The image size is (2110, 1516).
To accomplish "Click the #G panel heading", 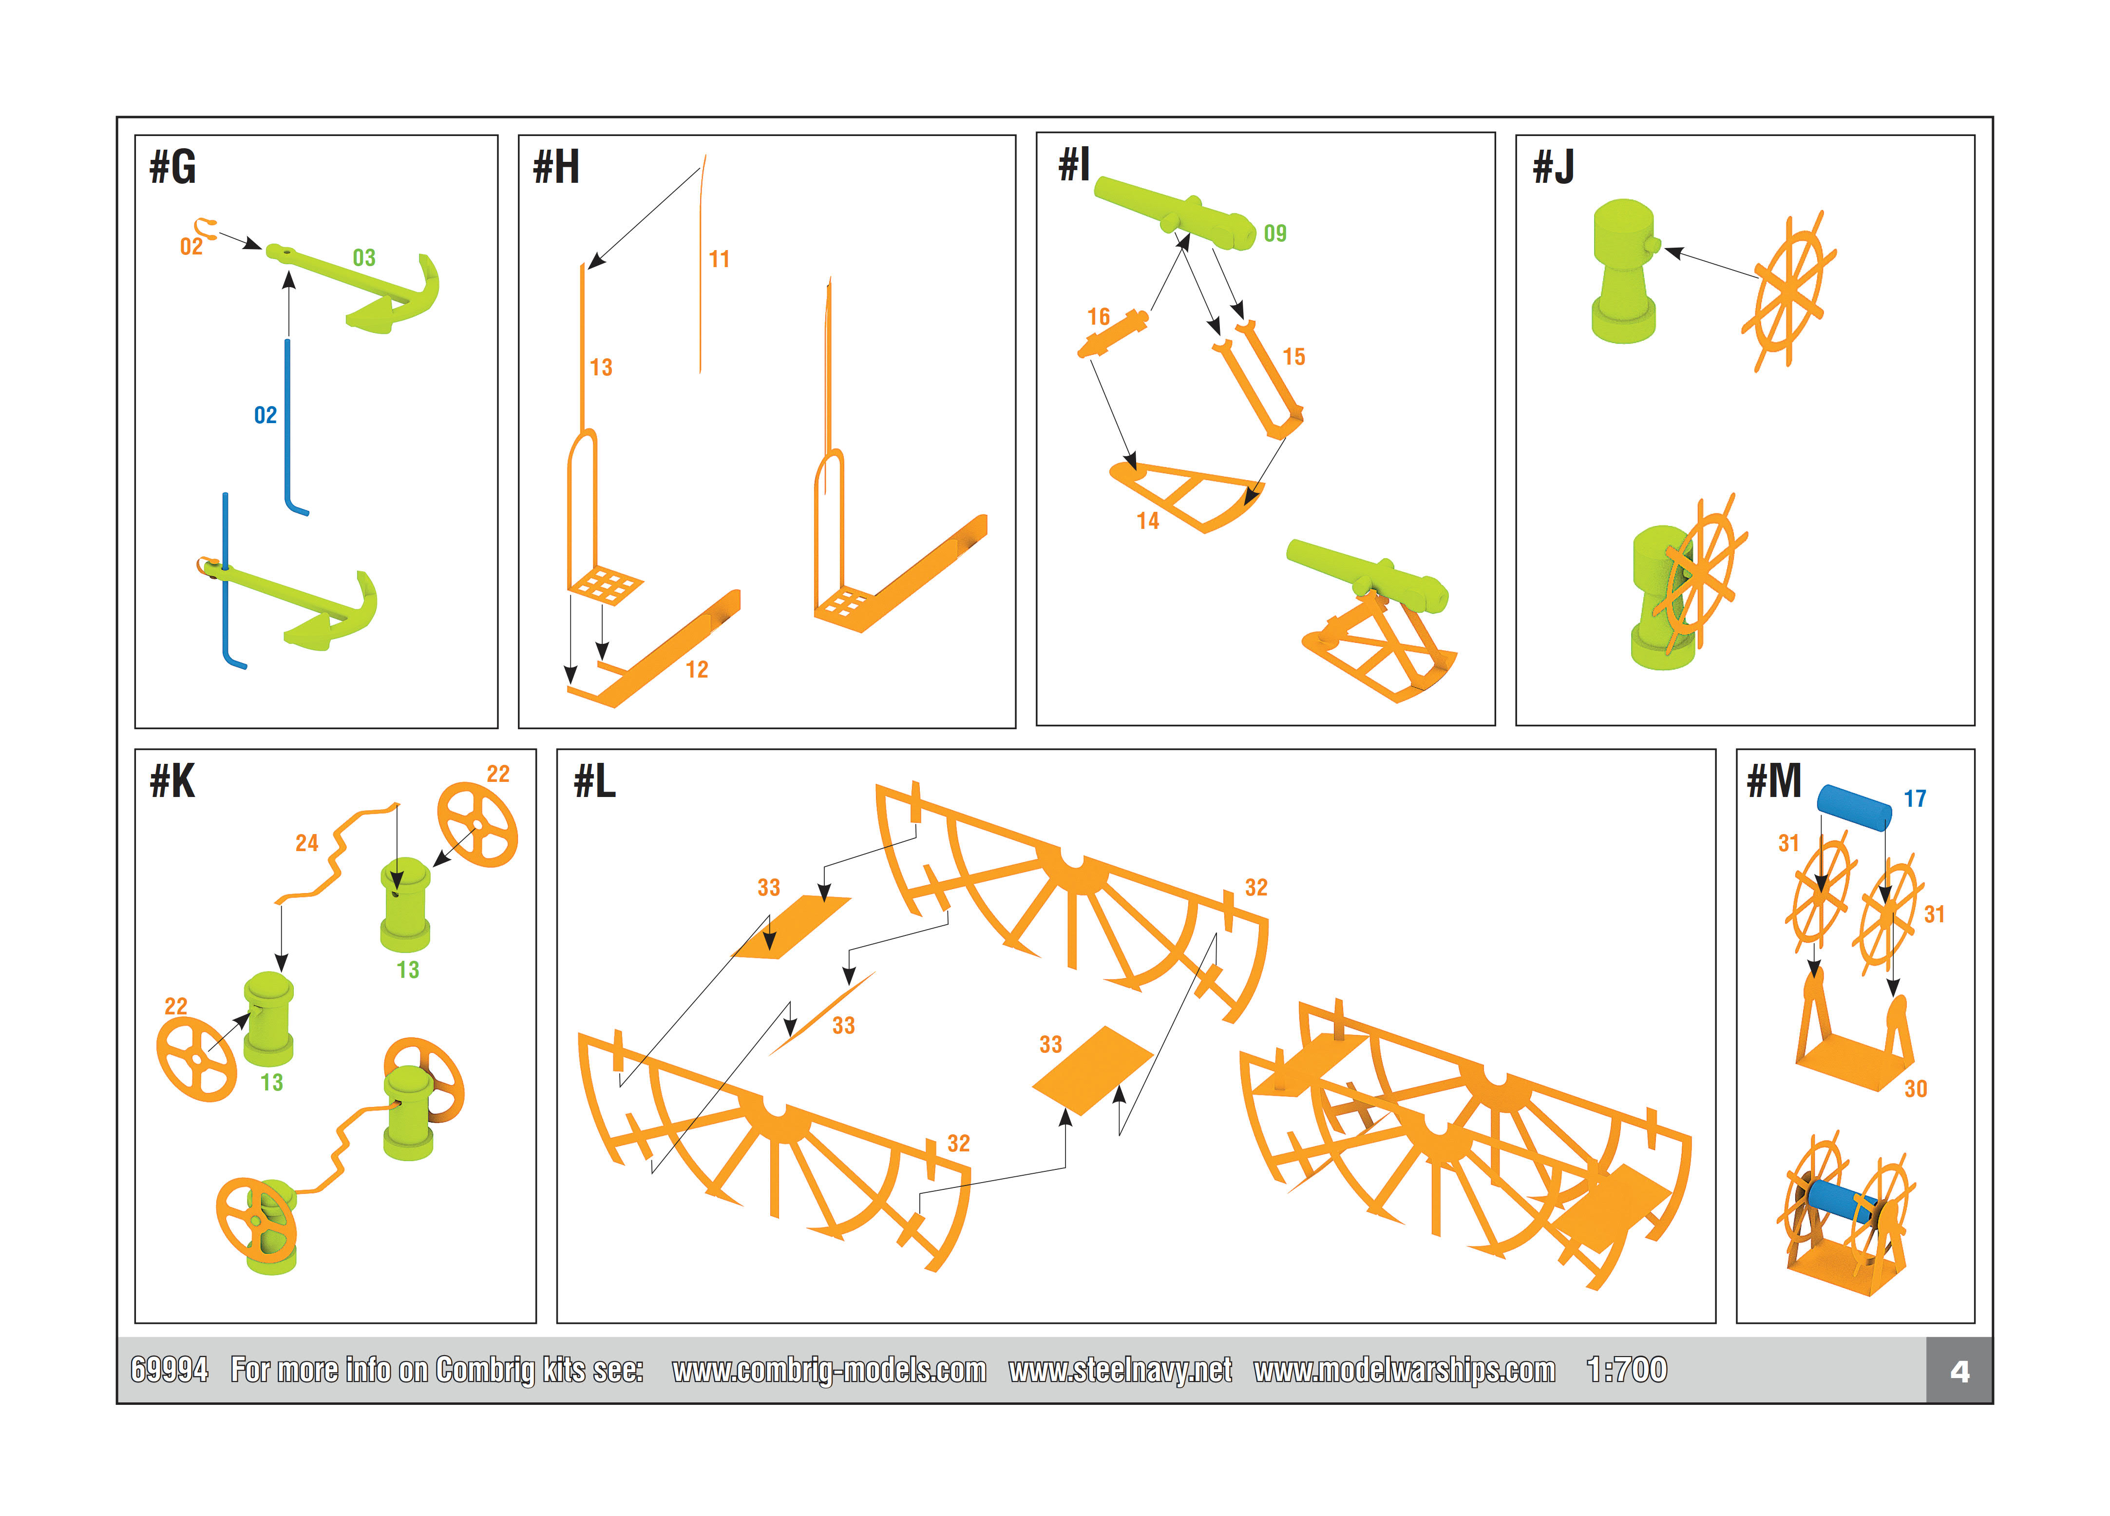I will point(173,168).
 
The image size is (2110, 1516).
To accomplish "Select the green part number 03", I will point(364,258).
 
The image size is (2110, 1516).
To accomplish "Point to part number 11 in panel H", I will point(719,260).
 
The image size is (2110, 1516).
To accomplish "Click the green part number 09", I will point(1274,233).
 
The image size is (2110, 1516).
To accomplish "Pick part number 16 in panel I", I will point(1099,317).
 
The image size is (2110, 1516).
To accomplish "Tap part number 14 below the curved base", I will point(1148,521).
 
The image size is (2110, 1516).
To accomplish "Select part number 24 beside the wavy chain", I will point(307,843).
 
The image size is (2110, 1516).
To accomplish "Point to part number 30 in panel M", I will point(1916,1089).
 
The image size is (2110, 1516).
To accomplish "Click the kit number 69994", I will point(170,1370).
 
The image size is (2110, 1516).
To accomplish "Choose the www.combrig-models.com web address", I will point(829,1370).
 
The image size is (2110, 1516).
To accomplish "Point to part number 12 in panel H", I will point(697,670).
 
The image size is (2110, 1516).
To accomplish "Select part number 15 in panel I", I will point(1293,357).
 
